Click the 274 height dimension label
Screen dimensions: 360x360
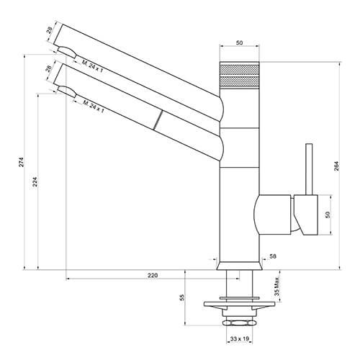(x=22, y=162)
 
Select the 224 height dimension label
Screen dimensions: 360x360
(x=35, y=182)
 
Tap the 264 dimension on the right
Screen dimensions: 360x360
(x=336, y=166)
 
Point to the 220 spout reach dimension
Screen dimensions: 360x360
(x=153, y=275)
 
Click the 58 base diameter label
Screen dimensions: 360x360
(x=273, y=256)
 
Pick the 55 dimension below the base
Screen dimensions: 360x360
(x=182, y=297)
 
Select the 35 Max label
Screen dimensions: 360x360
(x=276, y=287)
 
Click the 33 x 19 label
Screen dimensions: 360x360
(x=240, y=338)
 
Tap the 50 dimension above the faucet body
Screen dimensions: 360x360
(x=239, y=43)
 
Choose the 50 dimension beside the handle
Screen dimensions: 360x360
(x=328, y=215)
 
